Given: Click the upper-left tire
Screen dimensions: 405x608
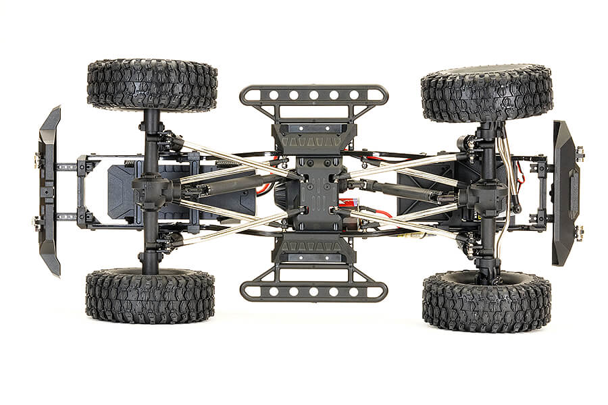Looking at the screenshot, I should (x=152, y=85).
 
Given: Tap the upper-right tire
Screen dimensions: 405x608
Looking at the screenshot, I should (x=486, y=92).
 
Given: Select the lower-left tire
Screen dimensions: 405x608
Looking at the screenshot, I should (x=150, y=295).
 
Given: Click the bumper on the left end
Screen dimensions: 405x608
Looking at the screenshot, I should (x=49, y=190).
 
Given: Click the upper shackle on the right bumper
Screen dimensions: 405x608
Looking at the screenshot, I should (x=579, y=156).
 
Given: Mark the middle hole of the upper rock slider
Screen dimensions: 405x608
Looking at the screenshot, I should (x=313, y=94).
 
